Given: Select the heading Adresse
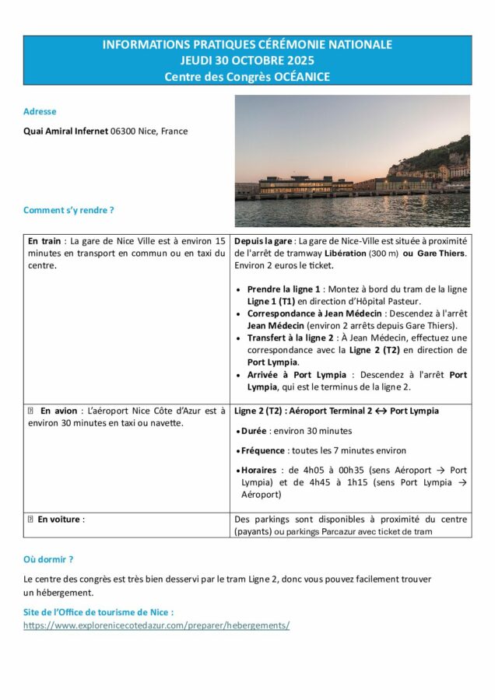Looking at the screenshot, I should (x=40, y=111).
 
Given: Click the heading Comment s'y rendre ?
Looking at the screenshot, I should (x=68, y=210).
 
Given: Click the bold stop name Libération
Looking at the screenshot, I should (x=346, y=254).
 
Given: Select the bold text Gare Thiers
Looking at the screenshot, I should (x=441, y=254).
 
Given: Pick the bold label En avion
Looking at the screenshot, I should (x=58, y=411).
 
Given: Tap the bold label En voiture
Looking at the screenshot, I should (x=58, y=519).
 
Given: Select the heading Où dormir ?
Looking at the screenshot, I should (x=48, y=559).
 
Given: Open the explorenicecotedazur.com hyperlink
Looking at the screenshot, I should (x=156, y=625).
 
